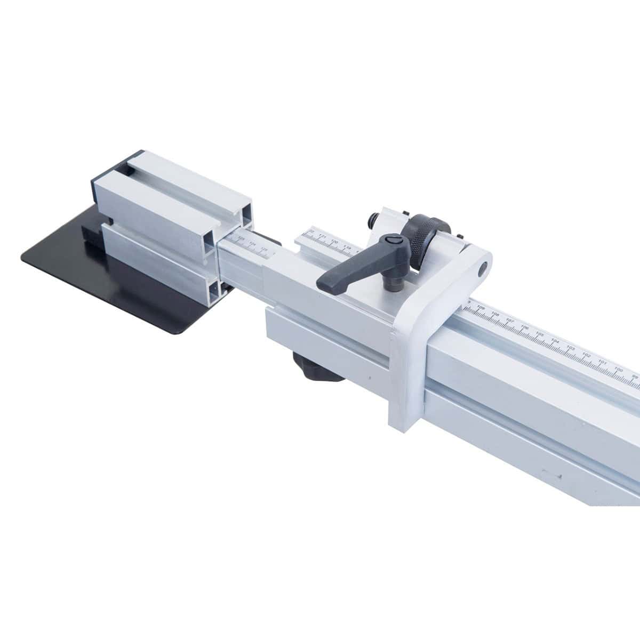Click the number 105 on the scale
click(540, 334)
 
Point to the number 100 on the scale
click(619, 369)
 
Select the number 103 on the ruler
click(572, 348)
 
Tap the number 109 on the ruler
click(481, 308)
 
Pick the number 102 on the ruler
click(587, 355)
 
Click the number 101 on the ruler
click(603, 362)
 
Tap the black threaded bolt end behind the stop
click(373, 220)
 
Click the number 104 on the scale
click(556, 341)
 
